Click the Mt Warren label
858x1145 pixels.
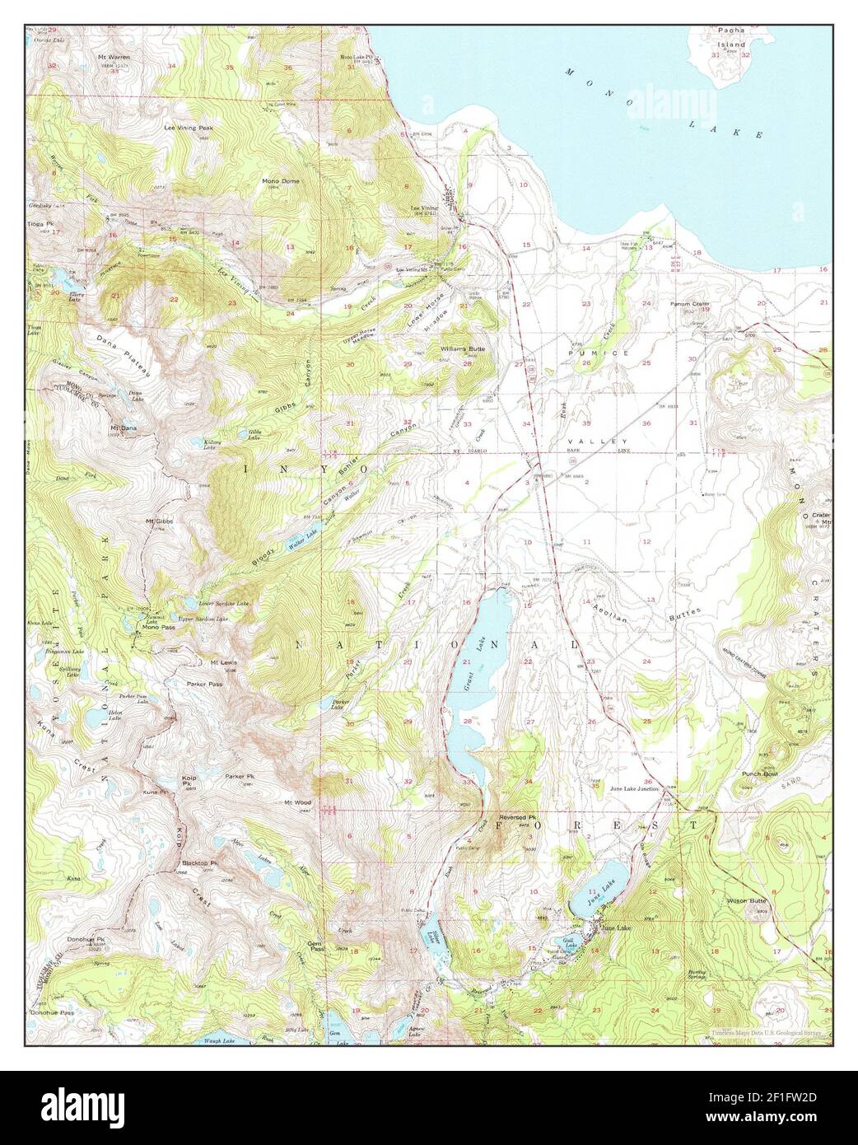(114, 57)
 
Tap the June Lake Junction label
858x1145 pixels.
(633, 788)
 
